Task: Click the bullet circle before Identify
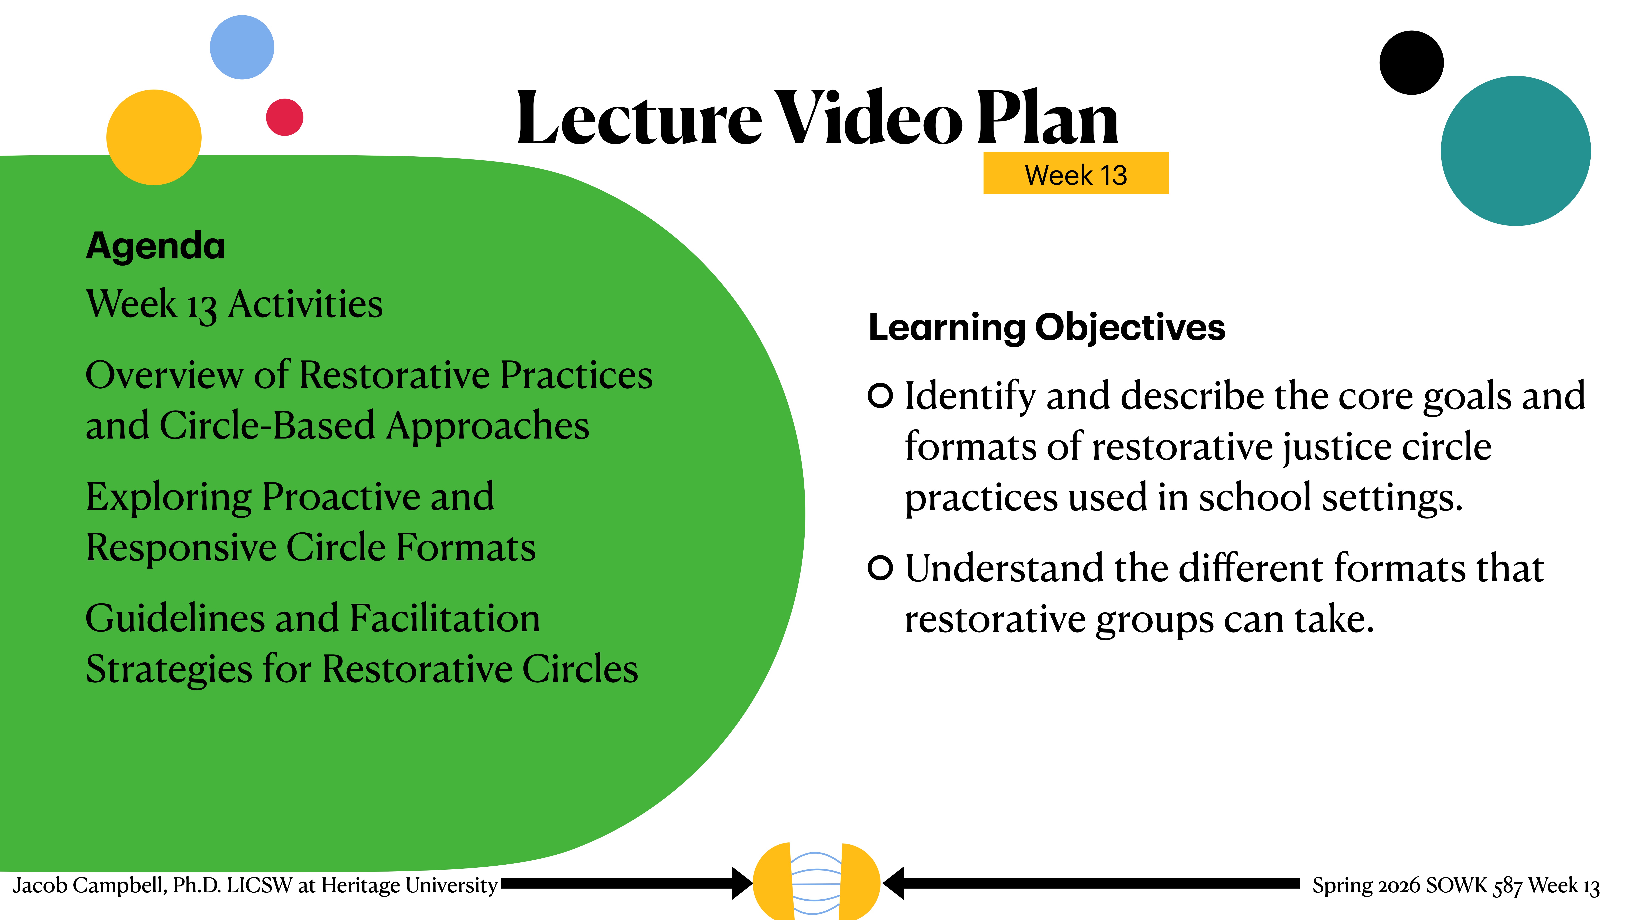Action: coord(880,396)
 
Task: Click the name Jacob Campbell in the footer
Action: coord(89,885)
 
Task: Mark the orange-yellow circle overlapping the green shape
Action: coord(154,137)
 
